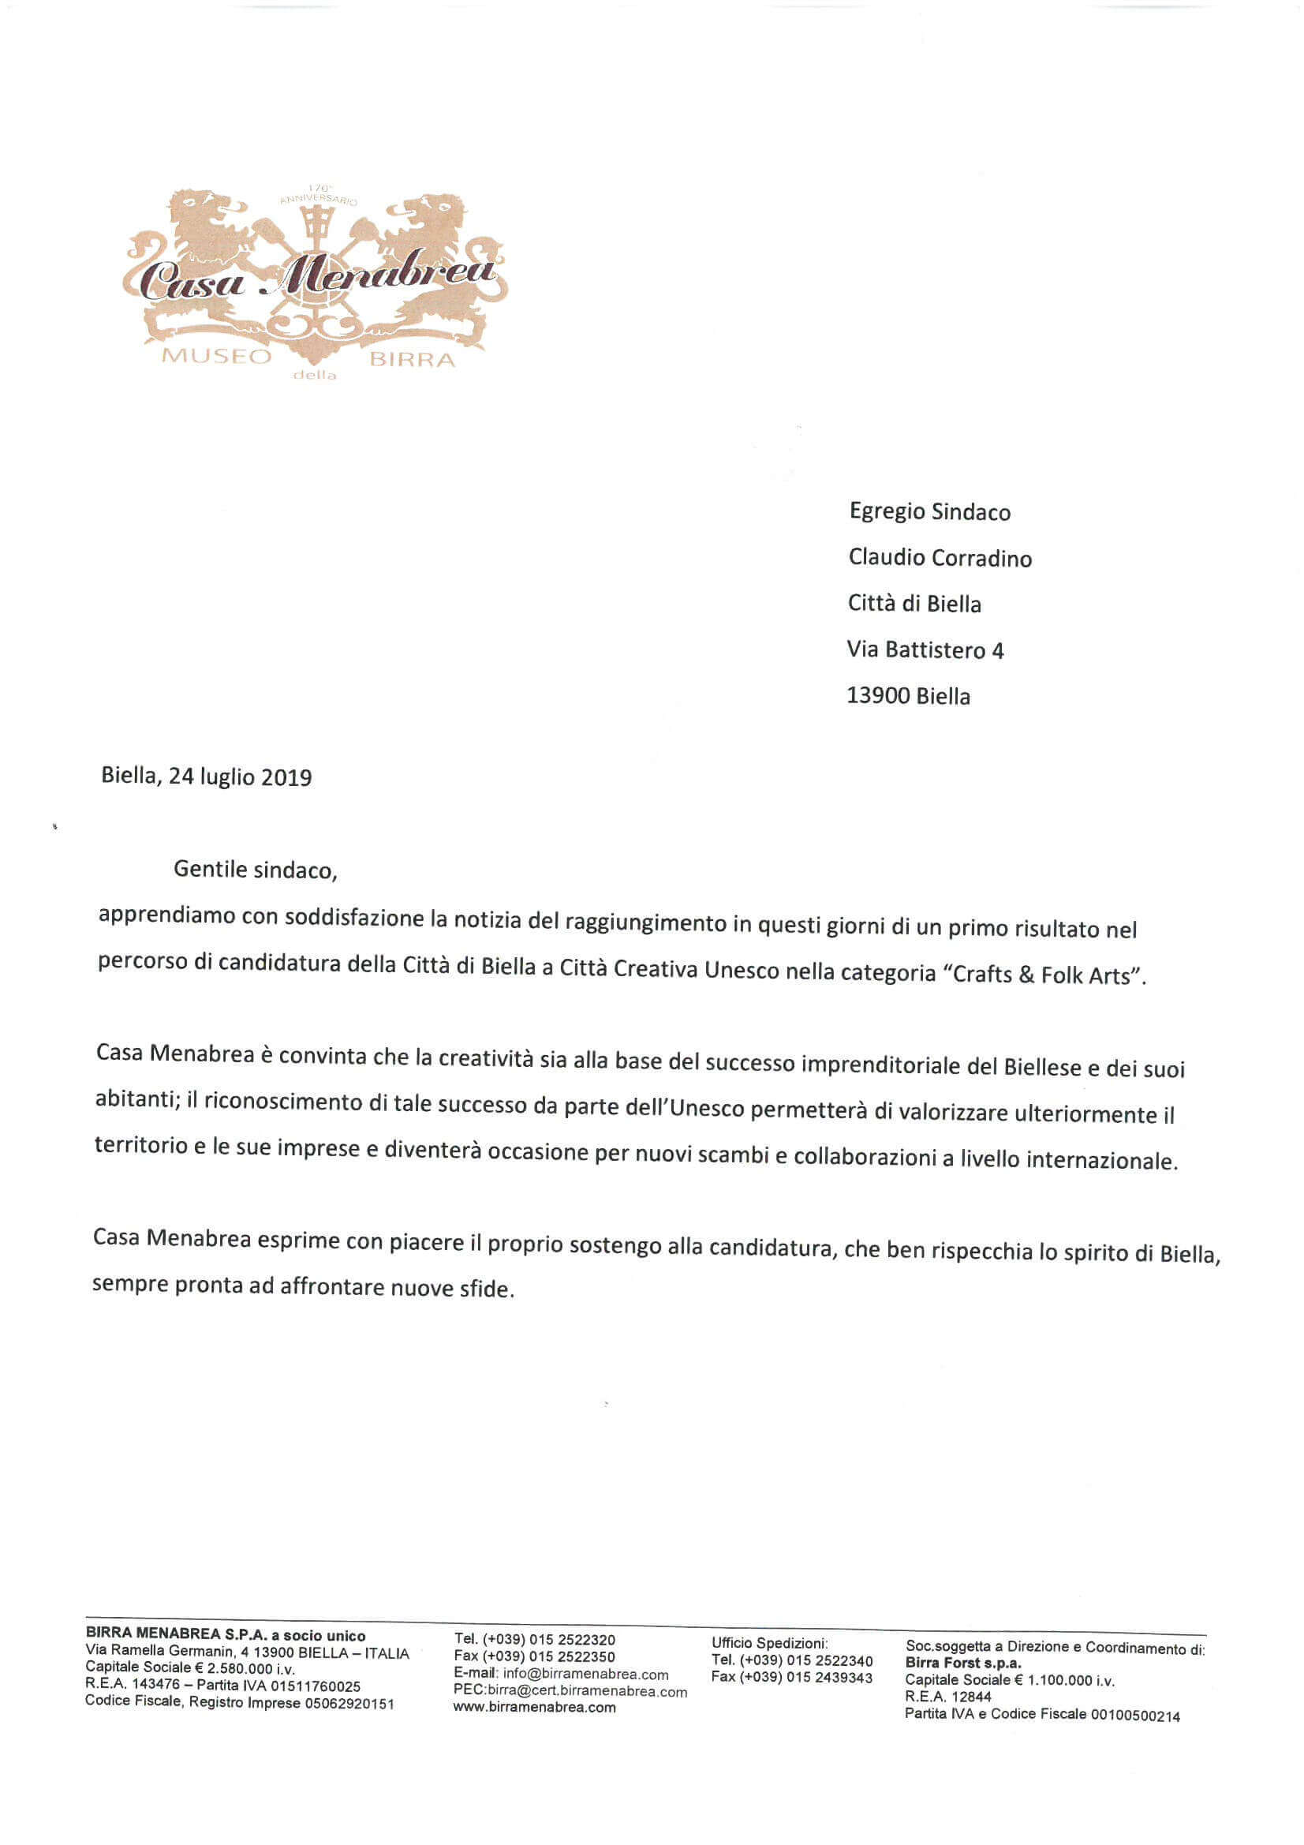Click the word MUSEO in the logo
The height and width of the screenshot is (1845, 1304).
217,356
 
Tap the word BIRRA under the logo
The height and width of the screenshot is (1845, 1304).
411,359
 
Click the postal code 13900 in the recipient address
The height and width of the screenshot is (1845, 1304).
878,696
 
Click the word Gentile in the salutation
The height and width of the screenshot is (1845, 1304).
211,870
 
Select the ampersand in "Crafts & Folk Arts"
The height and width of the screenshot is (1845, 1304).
1026,975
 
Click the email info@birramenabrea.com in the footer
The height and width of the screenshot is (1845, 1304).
585,1675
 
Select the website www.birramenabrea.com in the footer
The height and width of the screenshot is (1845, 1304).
533,1708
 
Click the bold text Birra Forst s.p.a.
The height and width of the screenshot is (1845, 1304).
962,1663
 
